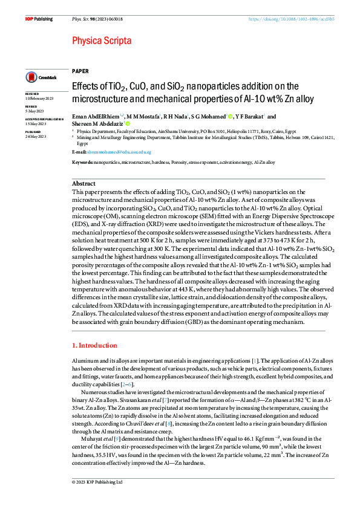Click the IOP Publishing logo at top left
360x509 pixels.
point(39,19)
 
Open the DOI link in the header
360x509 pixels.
point(292,19)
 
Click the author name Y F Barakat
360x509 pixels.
point(249,117)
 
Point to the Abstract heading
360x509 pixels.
point(83,183)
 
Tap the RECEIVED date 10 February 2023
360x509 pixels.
point(39,99)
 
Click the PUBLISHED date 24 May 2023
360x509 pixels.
point(36,135)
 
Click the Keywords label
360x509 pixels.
point(82,163)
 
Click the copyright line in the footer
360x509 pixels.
point(97,499)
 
